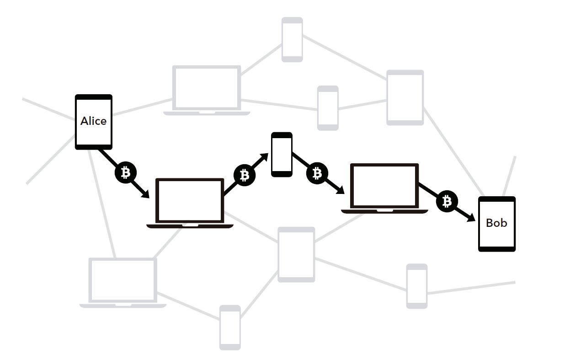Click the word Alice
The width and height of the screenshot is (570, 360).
click(x=93, y=121)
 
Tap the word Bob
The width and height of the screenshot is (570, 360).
click(x=496, y=223)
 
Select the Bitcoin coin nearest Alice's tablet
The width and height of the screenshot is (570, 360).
click(x=126, y=172)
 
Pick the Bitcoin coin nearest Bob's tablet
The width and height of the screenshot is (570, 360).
click(x=447, y=201)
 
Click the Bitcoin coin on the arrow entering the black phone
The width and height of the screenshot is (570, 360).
click(x=245, y=175)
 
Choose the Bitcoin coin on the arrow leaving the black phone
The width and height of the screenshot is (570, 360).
click(x=317, y=173)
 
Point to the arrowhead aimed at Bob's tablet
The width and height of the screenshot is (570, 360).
click(x=471, y=218)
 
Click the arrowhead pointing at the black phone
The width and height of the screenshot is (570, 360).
click(x=264, y=157)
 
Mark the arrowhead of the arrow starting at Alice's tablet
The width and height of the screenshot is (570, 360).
click(x=145, y=194)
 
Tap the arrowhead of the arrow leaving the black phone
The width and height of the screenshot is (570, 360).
click(x=340, y=190)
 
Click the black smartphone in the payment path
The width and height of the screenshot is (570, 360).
click(x=282, y=154)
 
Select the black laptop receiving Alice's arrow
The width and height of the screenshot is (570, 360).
click(x=190, y=203)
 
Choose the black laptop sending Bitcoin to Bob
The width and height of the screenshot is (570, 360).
click(x=384, y=188)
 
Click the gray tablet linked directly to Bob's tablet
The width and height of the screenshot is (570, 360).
click(x=405, y=98)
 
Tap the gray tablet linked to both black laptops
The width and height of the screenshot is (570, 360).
click(x=296, y=255)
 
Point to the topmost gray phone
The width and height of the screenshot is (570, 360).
click(x=292, y=39)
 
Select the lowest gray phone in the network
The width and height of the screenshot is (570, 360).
click(x=230, y=328)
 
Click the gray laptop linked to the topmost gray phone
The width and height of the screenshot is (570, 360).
click(x=207, y=91)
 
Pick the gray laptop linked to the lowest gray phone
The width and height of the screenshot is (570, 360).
click(x=123, y=283)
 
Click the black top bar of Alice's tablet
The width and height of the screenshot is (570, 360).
click(x=94, y=97)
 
